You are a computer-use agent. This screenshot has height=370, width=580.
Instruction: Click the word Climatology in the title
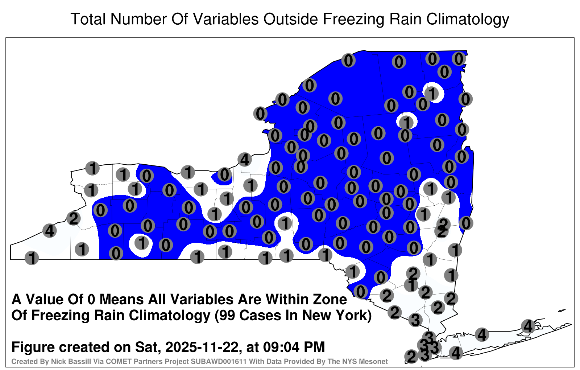(x=468, y=19)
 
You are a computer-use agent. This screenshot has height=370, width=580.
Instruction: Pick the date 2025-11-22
(x=202, y=347)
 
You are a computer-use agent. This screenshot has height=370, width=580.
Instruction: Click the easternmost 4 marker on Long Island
(x=528, y=326)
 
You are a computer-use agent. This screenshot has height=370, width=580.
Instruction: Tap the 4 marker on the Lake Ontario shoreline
(x=245, y=159)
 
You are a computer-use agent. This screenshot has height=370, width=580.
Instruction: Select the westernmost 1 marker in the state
(x=32, y=258)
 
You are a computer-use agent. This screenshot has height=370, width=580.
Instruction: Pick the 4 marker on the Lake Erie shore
(x=49, y=231)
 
